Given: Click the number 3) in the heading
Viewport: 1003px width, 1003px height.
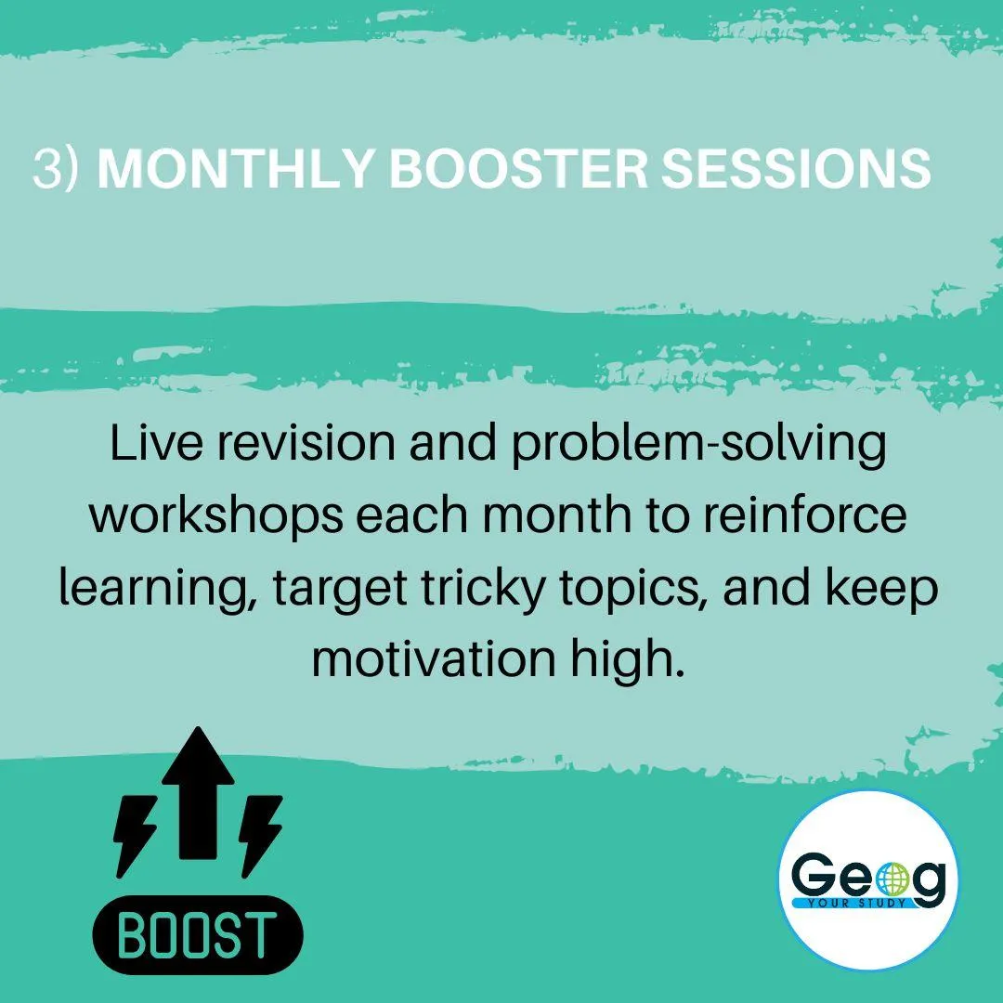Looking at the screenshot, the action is point(56,169).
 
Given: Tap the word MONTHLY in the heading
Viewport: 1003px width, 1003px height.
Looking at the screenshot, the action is point(235,169).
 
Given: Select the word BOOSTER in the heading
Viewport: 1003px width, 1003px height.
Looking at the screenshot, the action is point(519,169).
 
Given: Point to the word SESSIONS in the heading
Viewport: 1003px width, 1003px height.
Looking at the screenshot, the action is point(797,169).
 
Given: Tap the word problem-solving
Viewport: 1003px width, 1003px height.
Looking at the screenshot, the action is point(699,447).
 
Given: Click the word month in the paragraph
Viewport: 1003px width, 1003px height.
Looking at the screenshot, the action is point(556,515).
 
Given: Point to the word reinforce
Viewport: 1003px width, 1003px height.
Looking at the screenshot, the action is point(805,515).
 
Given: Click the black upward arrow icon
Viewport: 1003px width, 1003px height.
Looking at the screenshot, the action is point(198,794).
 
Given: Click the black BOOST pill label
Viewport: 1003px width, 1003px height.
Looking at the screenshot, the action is point(198,934).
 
